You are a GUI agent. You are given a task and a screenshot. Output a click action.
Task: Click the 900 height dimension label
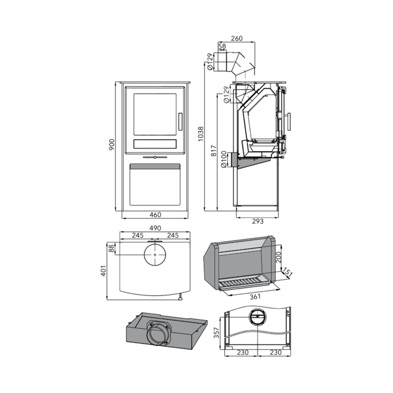click(x=112, y=145)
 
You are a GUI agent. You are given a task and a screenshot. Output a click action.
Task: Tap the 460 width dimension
click(x=156, y=215)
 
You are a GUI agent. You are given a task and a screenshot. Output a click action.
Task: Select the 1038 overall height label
click(x=201, y=134)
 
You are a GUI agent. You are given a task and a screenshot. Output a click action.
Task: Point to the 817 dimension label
click(x=214, y=151)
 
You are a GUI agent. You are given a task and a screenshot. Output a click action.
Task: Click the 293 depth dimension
click(x=258, y=221)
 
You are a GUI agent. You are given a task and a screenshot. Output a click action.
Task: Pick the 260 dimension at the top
click(x=237, y=38)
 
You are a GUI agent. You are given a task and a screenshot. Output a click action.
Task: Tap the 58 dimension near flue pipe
click(x=222, y=47)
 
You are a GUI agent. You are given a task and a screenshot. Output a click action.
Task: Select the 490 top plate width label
click(x=155, y=228)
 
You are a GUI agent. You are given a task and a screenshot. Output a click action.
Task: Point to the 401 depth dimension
click(x=104, y=271)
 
